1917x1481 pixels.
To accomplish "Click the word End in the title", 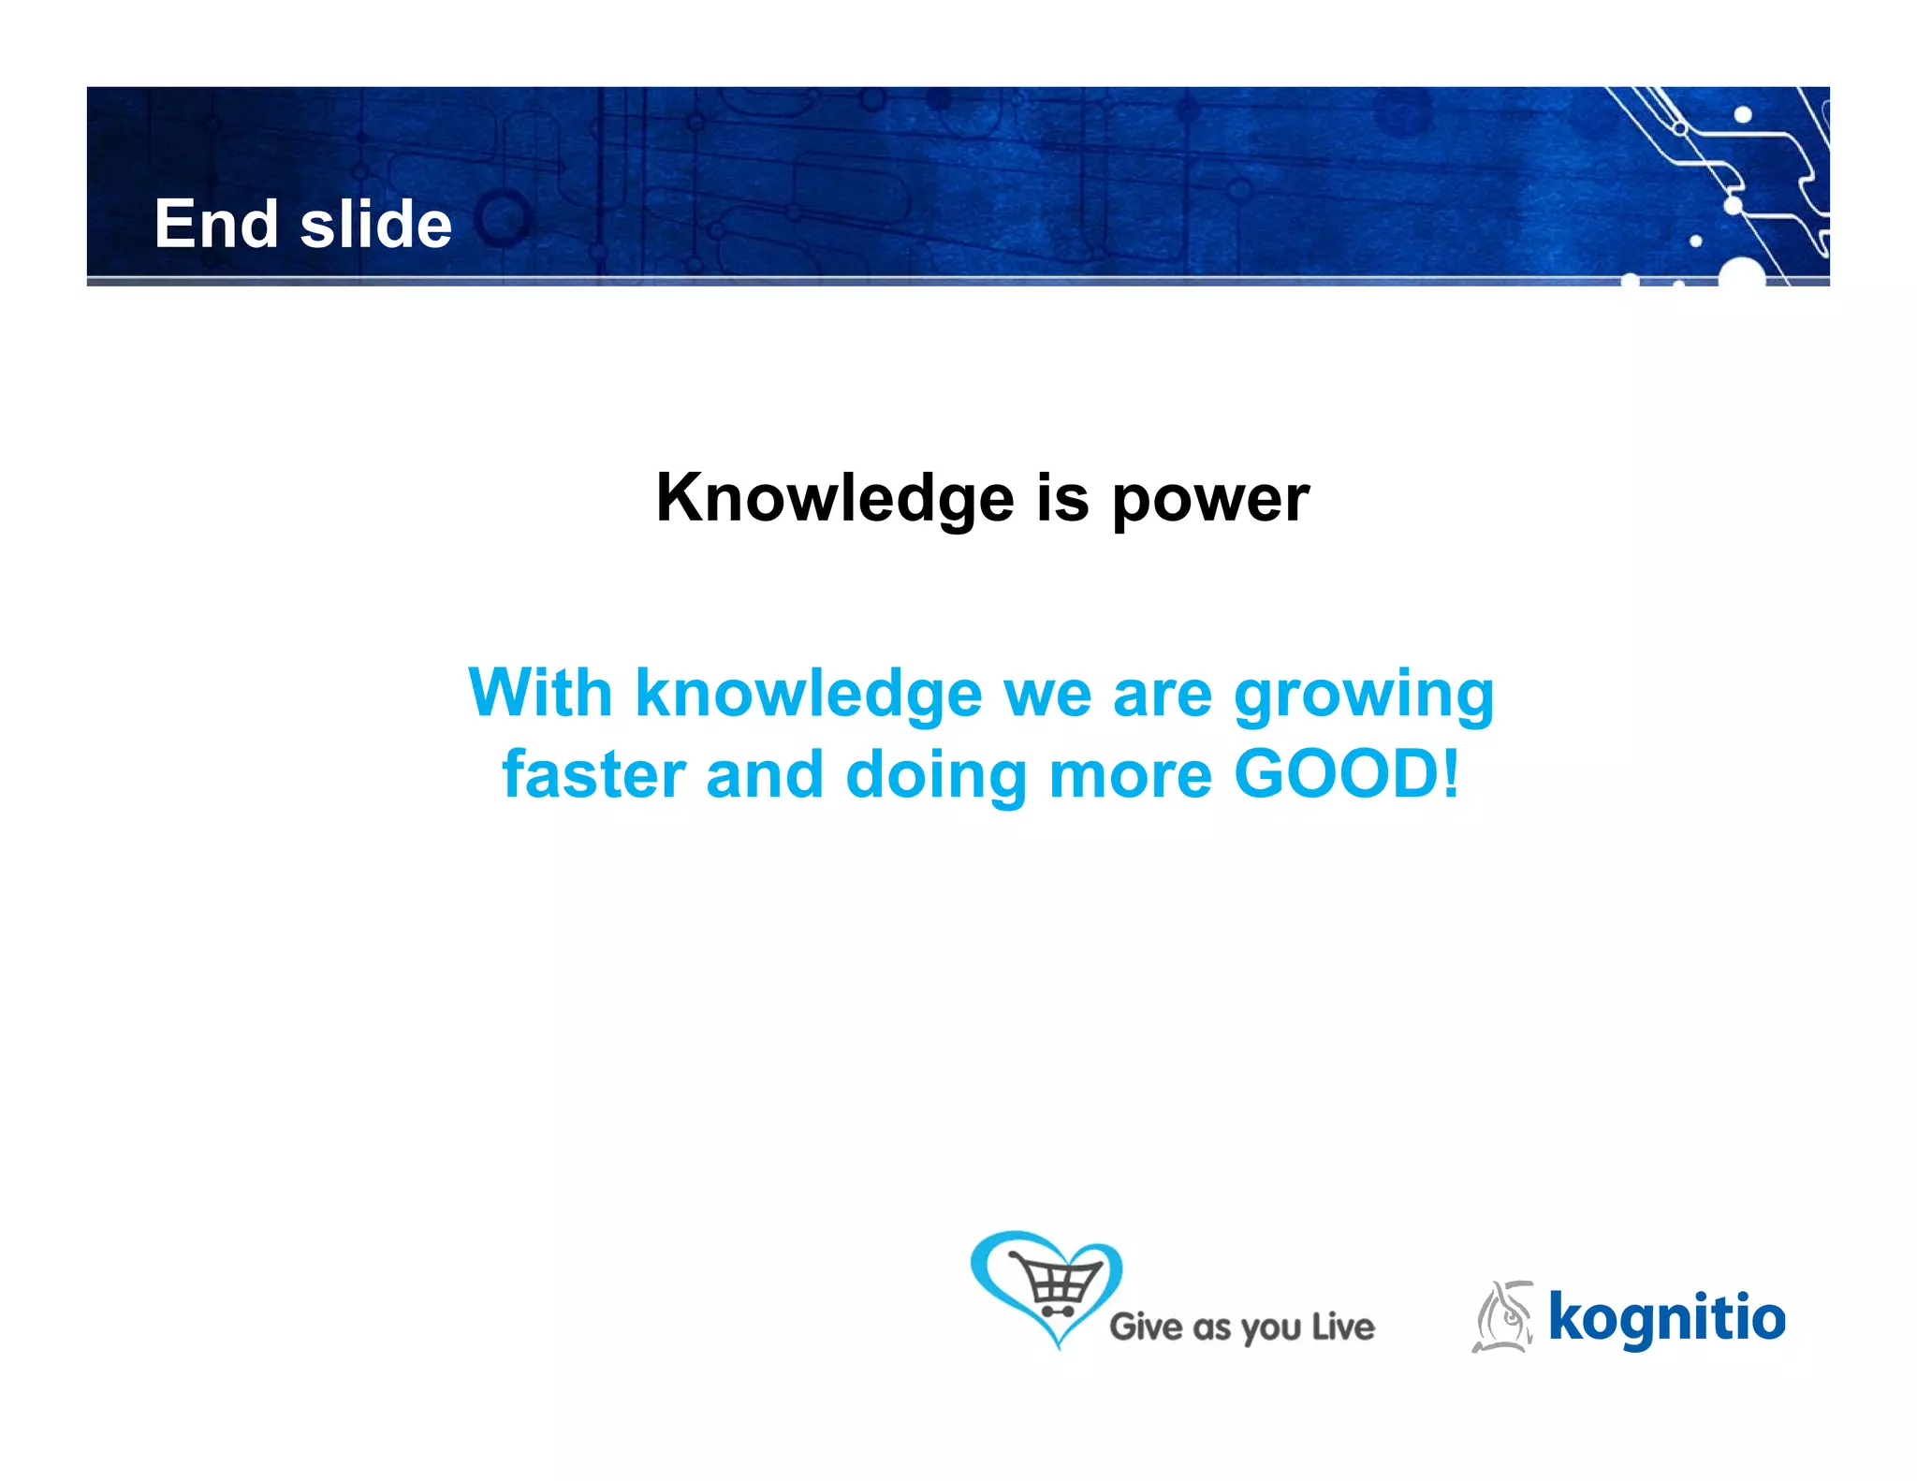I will (x=216, y=225).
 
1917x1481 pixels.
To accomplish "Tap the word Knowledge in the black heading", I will (x=834, y=498).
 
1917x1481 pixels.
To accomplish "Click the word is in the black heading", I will (x=1062, y=498).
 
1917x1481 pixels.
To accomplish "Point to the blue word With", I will (x=540, y=694).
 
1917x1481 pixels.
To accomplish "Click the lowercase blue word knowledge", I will (x=808, y=694).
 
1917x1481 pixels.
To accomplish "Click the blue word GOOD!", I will (x=1346, y=775).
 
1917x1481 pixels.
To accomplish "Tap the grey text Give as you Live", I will (x=1241, y=1327).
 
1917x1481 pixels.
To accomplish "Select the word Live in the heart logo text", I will (x=1341, y=1327).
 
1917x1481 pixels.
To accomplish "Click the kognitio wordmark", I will (x=1666, y=1318).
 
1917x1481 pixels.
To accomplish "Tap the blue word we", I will (x=1047, y=694).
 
